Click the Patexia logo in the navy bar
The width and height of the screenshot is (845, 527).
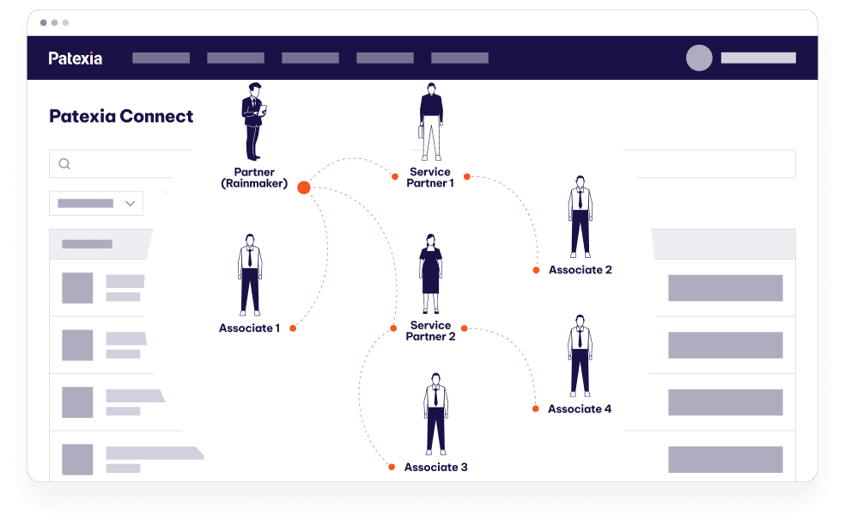click(x=75, y=58)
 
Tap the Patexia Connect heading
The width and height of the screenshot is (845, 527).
click(x=121, y=116)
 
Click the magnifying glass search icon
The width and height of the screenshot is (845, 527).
click(x=64, y=163)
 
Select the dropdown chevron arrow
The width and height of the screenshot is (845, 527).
click(x=130, y=204)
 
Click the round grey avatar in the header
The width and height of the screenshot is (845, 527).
click(x=699, y=58)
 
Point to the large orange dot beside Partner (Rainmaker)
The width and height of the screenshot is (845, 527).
click(x=304, y=187)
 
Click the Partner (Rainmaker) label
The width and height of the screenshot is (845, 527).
click(x=254, y=177)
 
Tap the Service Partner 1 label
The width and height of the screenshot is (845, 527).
click(x=430, y=177)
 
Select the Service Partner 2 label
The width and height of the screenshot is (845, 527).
click(x=430, y=331)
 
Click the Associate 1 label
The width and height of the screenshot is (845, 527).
click(x=249, y=328)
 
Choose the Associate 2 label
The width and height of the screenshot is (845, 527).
click(x=581, y=270)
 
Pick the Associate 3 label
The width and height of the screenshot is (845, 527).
click(x=436, y=467)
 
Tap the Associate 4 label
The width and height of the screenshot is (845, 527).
click(x=580, y=409)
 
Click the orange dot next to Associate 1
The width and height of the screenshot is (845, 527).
click(x=293, y=328)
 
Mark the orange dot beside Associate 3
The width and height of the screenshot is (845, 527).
click(x=392, y=467)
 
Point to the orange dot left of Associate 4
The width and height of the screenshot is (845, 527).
click(x=536, y=409)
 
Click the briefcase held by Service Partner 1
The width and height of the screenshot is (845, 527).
click(x=421, y=131)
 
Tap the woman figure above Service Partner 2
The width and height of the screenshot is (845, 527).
click(x=430, y=273)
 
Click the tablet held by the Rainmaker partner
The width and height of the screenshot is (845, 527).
click(x=263, y=110)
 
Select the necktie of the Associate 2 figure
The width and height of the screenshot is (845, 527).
click(x=580, y=199)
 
